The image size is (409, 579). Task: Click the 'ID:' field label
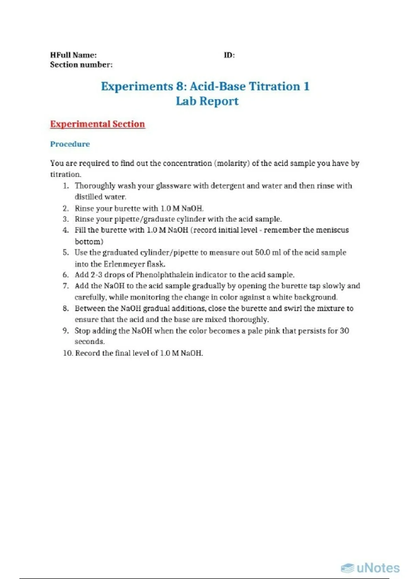[229, 55]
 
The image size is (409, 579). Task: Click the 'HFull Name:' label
[73, 55]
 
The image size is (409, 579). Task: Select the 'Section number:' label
[81, 65]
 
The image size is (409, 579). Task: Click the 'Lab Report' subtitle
[207, 101]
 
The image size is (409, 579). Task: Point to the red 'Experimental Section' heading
[97, 124]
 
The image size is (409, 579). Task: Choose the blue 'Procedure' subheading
[70, 144]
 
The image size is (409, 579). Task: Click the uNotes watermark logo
[370, 568]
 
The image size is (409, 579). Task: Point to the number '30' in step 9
[344, 331]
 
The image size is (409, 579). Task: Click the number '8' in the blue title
[180, 86]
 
